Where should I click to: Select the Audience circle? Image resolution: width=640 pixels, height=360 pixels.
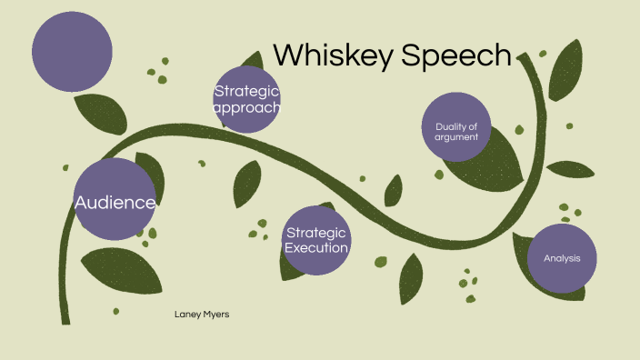pyautogui.click(x=115, y=200)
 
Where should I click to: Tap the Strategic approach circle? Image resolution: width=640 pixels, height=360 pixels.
pyautogui.click(x=247, y=99)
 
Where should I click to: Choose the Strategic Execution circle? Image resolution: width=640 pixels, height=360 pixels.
pyautogui.click(x=316, y=240)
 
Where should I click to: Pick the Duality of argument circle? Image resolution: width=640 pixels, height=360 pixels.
pyautogui.click(x=456, y=128)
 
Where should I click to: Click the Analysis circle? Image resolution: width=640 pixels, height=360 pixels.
pyautogui.click(x=562, y=259)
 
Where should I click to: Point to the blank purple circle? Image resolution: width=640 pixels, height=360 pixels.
pyautogui.click(x=72, y=51)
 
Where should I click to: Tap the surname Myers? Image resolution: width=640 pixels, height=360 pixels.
pyautogui.click(x=216, y=315)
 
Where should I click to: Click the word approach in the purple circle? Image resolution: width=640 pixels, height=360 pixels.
pyautogui.click(x=246, y=107)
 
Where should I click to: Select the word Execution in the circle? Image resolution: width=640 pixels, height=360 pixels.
pyautogui.click(x=316, y=247)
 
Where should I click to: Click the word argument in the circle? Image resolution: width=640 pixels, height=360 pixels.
pyautogui.click(x=456, y=136)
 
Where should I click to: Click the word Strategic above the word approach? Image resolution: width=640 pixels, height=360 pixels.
pyautogui.click(x=246, y=90)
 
